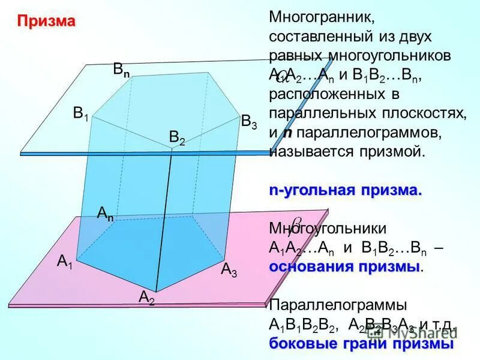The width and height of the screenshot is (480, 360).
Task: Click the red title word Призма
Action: pos(46,22)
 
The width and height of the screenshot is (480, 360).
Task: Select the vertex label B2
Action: pos(177,139)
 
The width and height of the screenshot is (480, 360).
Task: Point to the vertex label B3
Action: pos(249,121)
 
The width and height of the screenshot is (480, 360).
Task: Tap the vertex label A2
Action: pos(146,296)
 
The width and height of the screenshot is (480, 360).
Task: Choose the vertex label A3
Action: pos(229,269)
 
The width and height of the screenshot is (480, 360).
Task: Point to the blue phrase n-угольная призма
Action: pos(345,191)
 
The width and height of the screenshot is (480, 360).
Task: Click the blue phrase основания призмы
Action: pos(345,266)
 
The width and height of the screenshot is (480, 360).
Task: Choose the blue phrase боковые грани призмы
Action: pos(361,344)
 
